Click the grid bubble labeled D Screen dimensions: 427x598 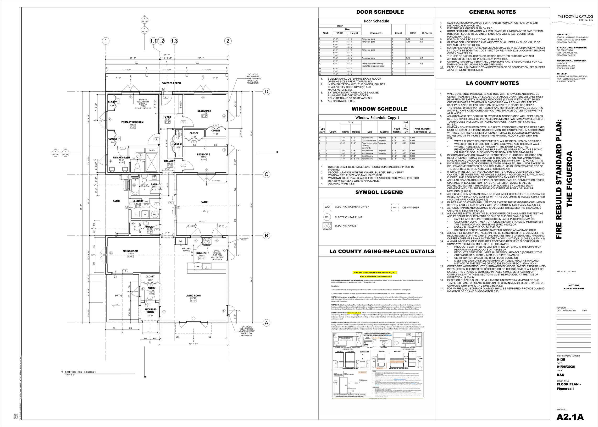point(266,92)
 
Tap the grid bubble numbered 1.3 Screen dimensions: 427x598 point(174,41)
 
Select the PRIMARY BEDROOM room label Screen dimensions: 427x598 point(132,122)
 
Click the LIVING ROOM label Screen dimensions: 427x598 point(193,296)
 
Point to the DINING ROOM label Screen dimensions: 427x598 point(130,251)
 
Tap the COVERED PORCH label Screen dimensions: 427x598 point(171,83)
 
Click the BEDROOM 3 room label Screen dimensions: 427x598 point(204,154)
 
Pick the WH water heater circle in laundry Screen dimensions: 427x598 point(155,214)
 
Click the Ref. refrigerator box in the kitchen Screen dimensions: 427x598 point(181,241)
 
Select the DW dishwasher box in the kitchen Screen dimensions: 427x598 point(198,267)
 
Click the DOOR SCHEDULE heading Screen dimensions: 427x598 point(376,12)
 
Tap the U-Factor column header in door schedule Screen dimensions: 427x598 point(427,33)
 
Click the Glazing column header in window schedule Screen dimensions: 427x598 point(384,132)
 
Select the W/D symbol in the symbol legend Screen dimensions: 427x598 point(327,207)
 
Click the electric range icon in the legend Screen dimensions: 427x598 point(327,226)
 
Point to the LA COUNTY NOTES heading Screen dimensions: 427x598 point(493,83)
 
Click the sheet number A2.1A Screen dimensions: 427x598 point(570,417)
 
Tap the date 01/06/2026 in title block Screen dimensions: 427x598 point(566,367)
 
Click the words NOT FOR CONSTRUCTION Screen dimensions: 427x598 point(574,287)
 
